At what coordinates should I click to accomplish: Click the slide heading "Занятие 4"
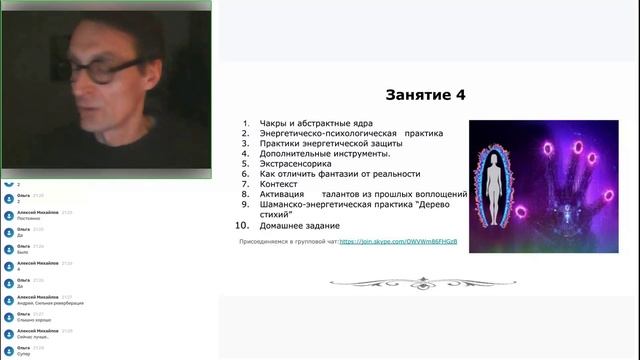pyautogui.click(x=425, y=95)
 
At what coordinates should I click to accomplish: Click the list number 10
pyautogui.click(x=241, y=226)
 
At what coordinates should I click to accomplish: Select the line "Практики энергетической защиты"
pyautogui.click(x=316, y=144)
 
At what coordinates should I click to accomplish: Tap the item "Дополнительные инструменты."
pyautogui.click(x=318, y=154)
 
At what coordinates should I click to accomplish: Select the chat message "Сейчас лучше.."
pyautogui.click(x=33, y=337)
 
